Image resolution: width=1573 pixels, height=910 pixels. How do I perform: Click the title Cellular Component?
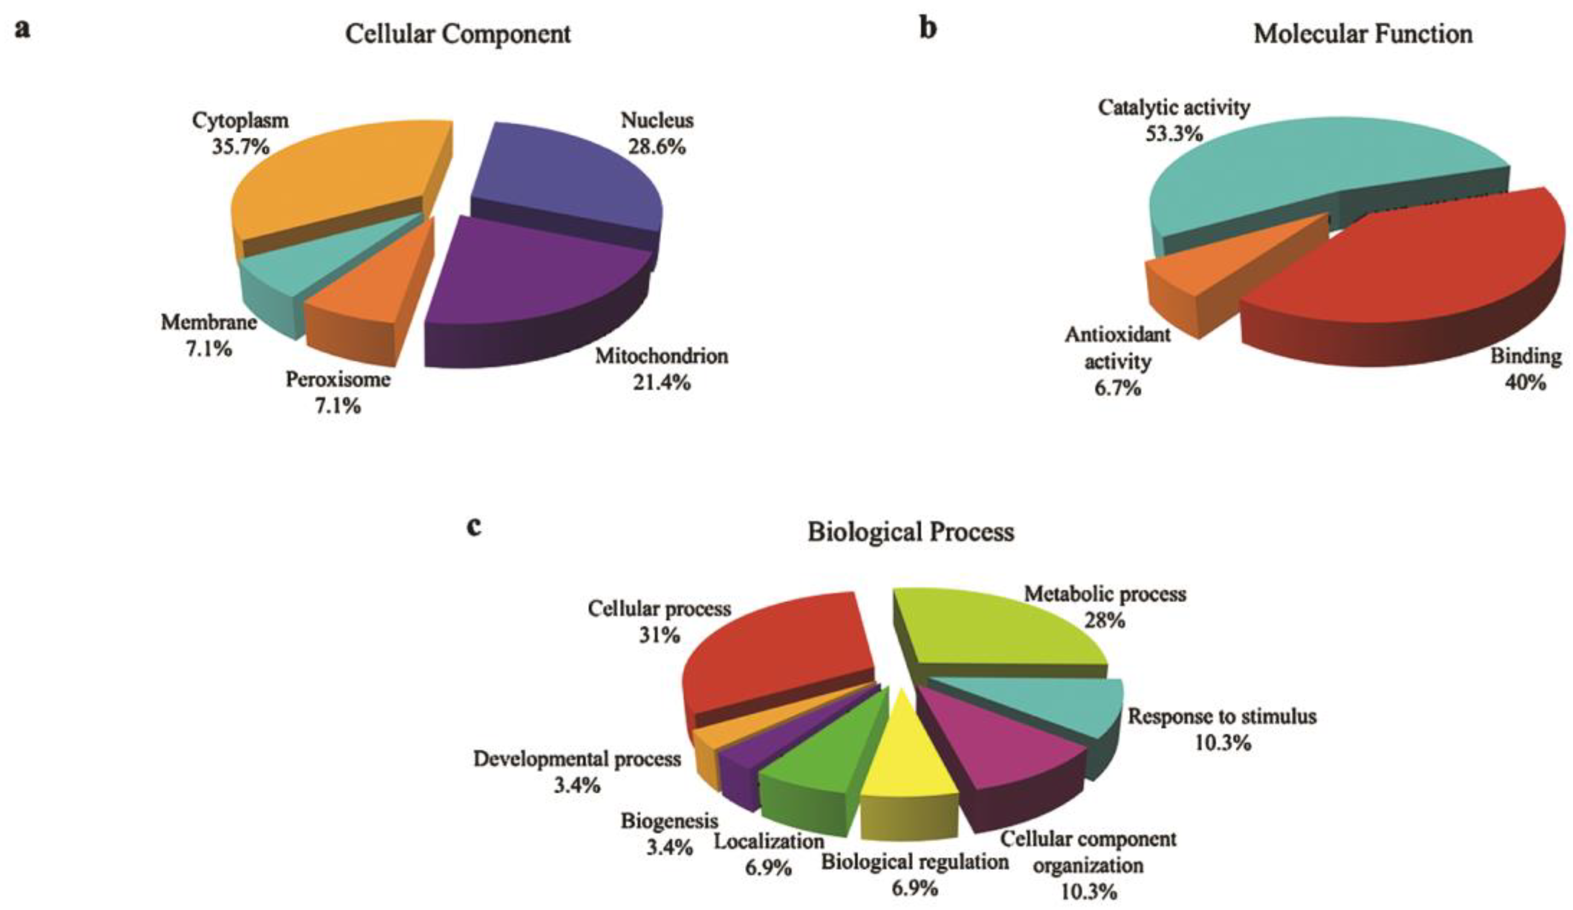458,35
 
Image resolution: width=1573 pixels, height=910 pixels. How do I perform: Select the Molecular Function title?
1363,35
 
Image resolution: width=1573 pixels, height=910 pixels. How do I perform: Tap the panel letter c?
474,528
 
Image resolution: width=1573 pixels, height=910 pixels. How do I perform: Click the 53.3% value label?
1173,134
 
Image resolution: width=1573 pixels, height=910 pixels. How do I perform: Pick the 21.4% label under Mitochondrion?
662,382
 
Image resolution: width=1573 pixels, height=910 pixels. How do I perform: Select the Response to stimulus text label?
1222,716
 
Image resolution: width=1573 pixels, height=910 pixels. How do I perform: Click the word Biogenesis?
669,821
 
